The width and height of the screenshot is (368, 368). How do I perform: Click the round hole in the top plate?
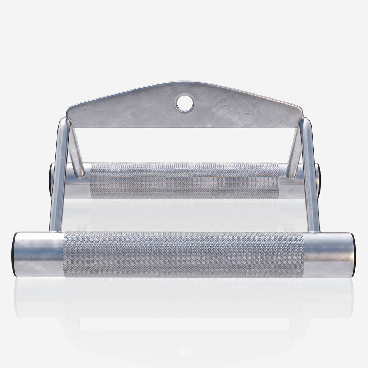pos(184,103)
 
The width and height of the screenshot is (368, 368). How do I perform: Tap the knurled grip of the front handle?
pos(183,254)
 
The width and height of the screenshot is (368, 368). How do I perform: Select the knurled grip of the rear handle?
pos(184,180)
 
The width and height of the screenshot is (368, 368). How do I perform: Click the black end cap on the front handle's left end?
pos(14,254)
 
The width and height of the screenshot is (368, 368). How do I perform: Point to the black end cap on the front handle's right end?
pos(354,254)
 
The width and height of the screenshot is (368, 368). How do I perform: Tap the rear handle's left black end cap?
pos(51,180)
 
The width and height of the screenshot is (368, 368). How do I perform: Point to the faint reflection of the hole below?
pos(184,351)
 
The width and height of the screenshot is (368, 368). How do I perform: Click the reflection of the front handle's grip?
pos(183,295)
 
